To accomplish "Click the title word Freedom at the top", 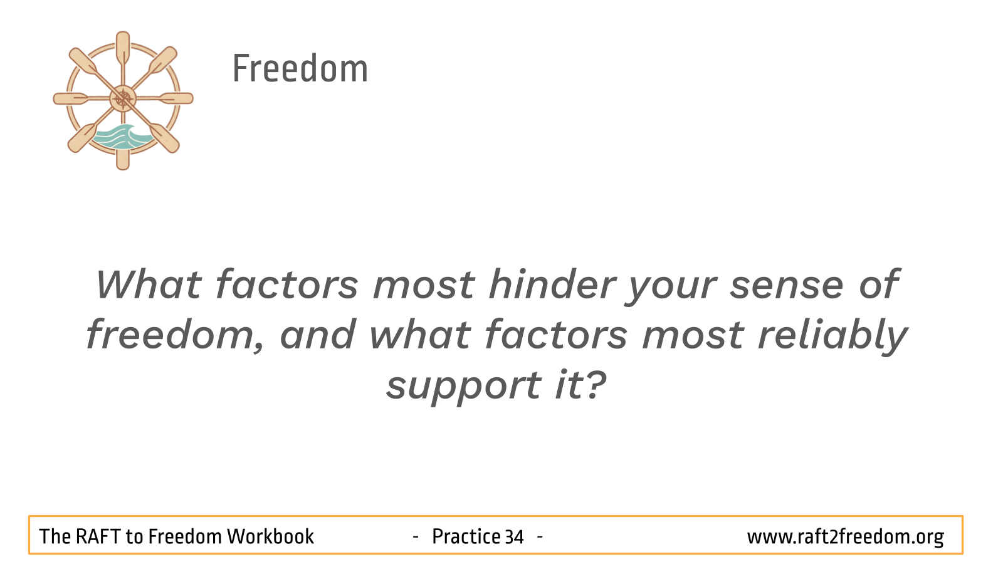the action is [300, 68].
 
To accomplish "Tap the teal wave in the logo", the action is [122, 137].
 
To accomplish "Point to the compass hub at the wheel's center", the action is [123, 98].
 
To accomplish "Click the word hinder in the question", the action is [552, 285].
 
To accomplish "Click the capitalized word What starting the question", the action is [149, 285].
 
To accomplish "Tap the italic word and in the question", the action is [318, 335].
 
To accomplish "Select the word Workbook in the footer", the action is [270, 536].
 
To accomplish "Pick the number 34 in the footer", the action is [514, 536].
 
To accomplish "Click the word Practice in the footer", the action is [466, 536].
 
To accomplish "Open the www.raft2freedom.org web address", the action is [846, 537].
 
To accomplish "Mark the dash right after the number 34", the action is [540, 536].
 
